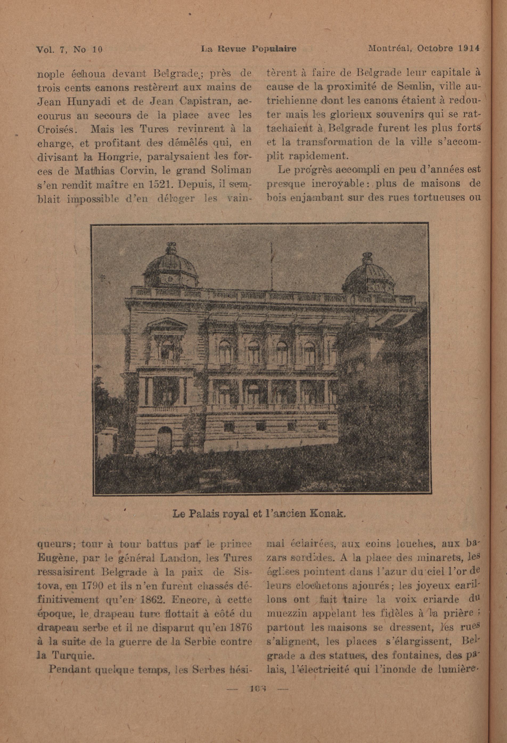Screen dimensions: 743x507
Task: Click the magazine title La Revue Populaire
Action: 248,49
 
